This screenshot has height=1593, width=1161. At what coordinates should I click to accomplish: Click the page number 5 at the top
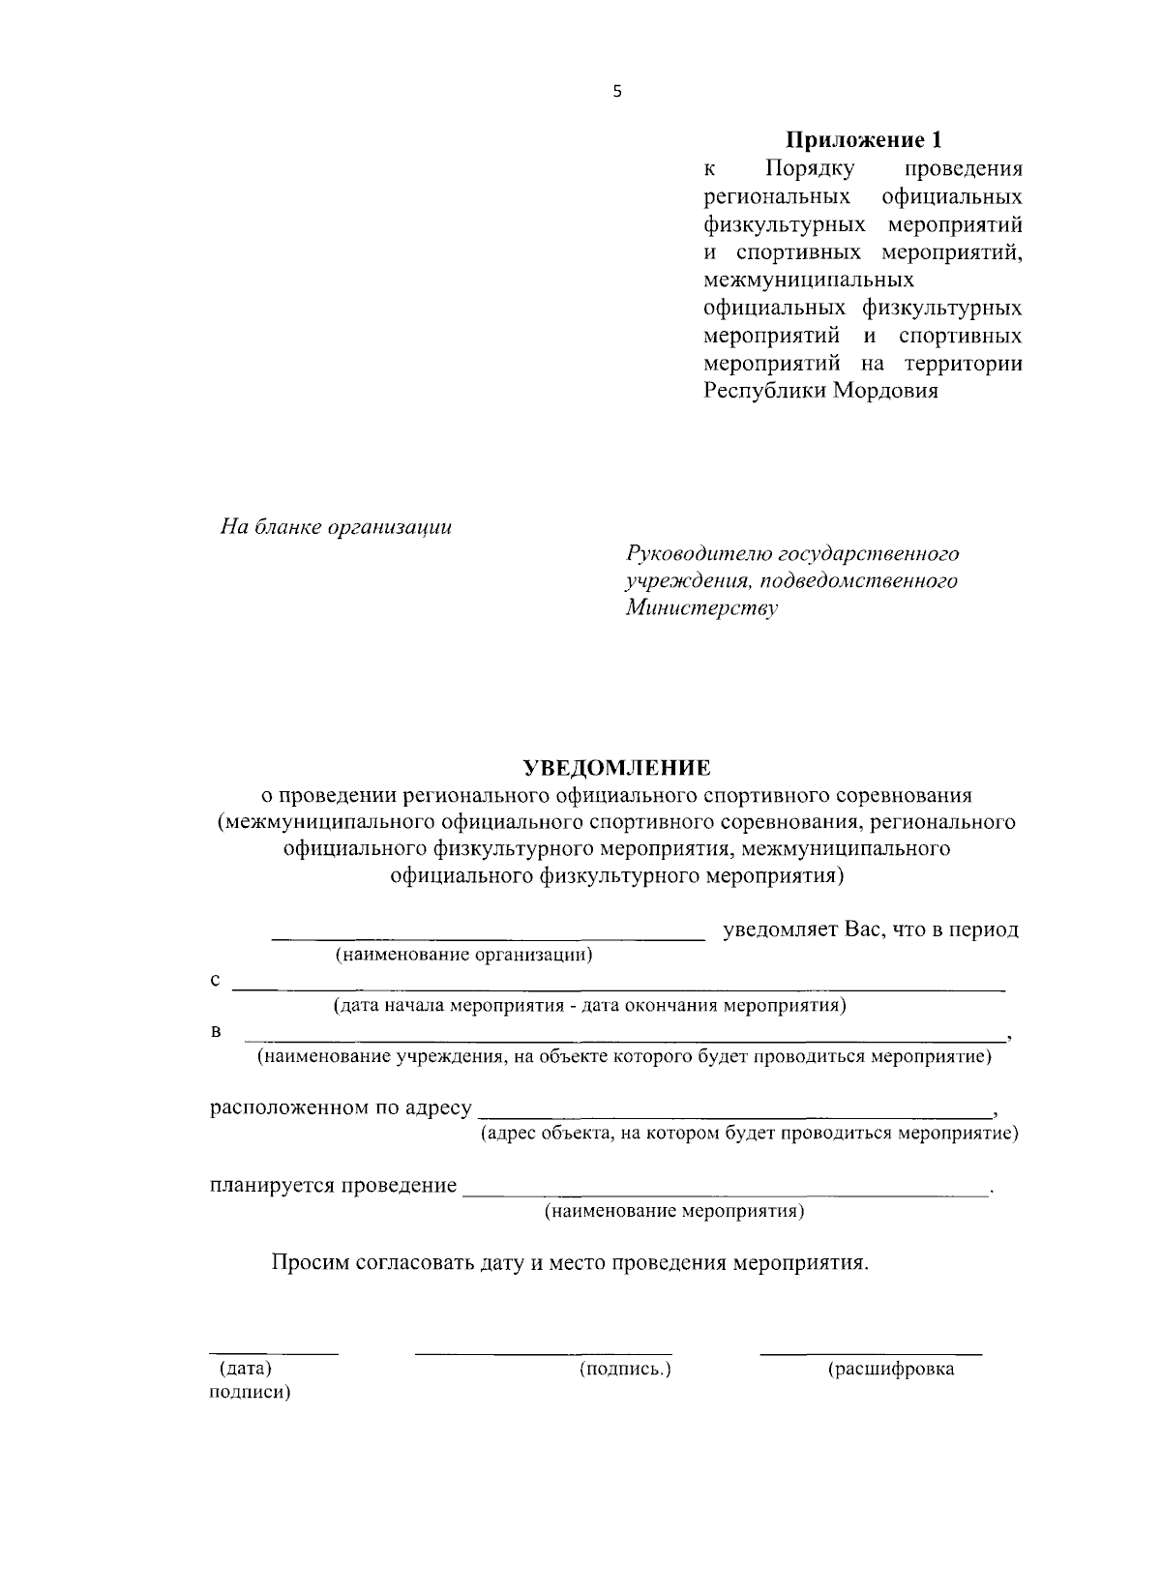618,92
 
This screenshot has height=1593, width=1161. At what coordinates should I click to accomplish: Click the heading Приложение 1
862,140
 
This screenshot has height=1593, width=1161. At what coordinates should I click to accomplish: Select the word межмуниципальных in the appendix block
808,280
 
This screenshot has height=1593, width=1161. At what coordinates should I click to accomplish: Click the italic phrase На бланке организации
336,528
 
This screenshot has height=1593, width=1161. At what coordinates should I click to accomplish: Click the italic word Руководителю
698,553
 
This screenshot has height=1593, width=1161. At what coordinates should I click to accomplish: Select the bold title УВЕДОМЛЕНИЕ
617,768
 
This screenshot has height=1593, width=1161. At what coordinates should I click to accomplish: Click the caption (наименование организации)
463,956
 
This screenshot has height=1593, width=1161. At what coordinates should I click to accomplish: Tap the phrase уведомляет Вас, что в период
871,929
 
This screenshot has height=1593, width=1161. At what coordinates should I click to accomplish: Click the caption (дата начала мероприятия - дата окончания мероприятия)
590,1005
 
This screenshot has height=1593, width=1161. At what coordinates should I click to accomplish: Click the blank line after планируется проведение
726,1195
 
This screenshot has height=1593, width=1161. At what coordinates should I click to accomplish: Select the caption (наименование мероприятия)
674,1211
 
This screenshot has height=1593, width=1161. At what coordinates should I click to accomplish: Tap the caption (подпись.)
625,1369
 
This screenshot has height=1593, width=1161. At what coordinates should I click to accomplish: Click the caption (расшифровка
890,1369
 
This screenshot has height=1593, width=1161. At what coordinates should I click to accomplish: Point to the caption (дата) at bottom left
245,1369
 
